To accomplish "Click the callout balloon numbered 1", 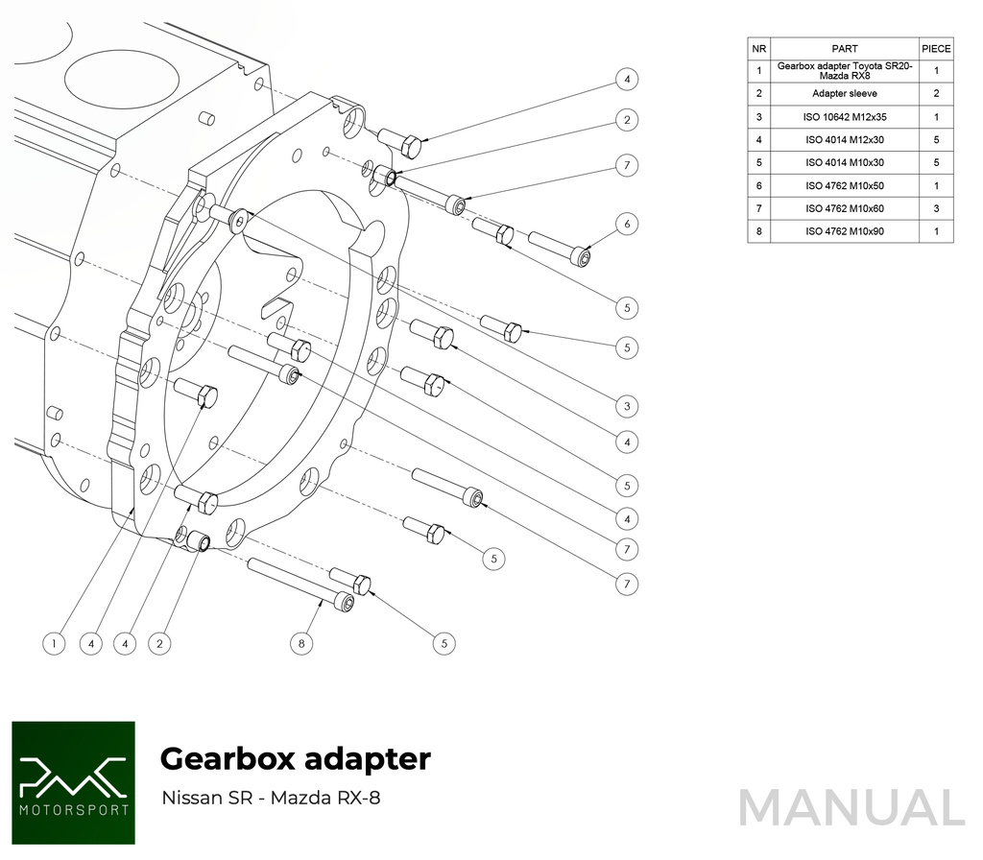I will [x=55, y=643].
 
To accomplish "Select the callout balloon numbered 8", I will [x=301, y=643].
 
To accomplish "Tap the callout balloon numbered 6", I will [x=626, y=225].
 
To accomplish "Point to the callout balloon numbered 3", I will [x=626, y=407].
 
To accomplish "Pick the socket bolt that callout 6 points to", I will [x=558, y=246].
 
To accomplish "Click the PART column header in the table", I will [x=845, y=48].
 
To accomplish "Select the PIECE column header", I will [x=936, y=48].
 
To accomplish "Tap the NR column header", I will [x=759, y=48].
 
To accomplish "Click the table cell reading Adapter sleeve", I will [x=845, y=94].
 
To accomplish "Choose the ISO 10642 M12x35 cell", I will [x=845, y=117].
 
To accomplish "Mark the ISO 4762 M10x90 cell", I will [x=845, y=231].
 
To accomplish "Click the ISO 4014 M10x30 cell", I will [x=845, y=162].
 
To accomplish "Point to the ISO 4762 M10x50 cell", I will [x=845, y=185].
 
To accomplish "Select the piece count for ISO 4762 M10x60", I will [x=936, y=208].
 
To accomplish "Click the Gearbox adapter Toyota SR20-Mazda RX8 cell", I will [x=845, y=70].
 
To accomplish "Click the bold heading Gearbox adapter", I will [x=295, y=759].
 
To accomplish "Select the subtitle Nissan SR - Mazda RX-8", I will [x=271, y=798].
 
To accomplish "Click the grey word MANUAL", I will [x=851, y=806].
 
